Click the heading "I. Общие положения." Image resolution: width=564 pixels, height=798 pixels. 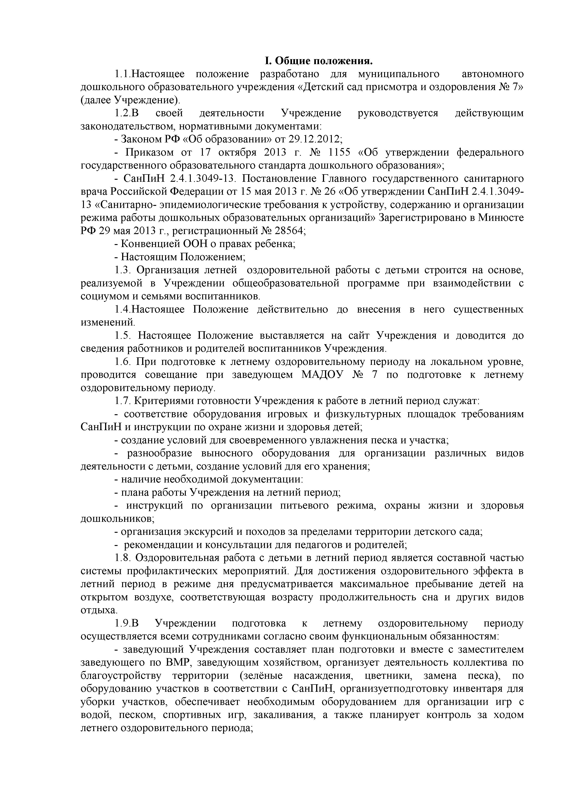pos(318,61)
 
